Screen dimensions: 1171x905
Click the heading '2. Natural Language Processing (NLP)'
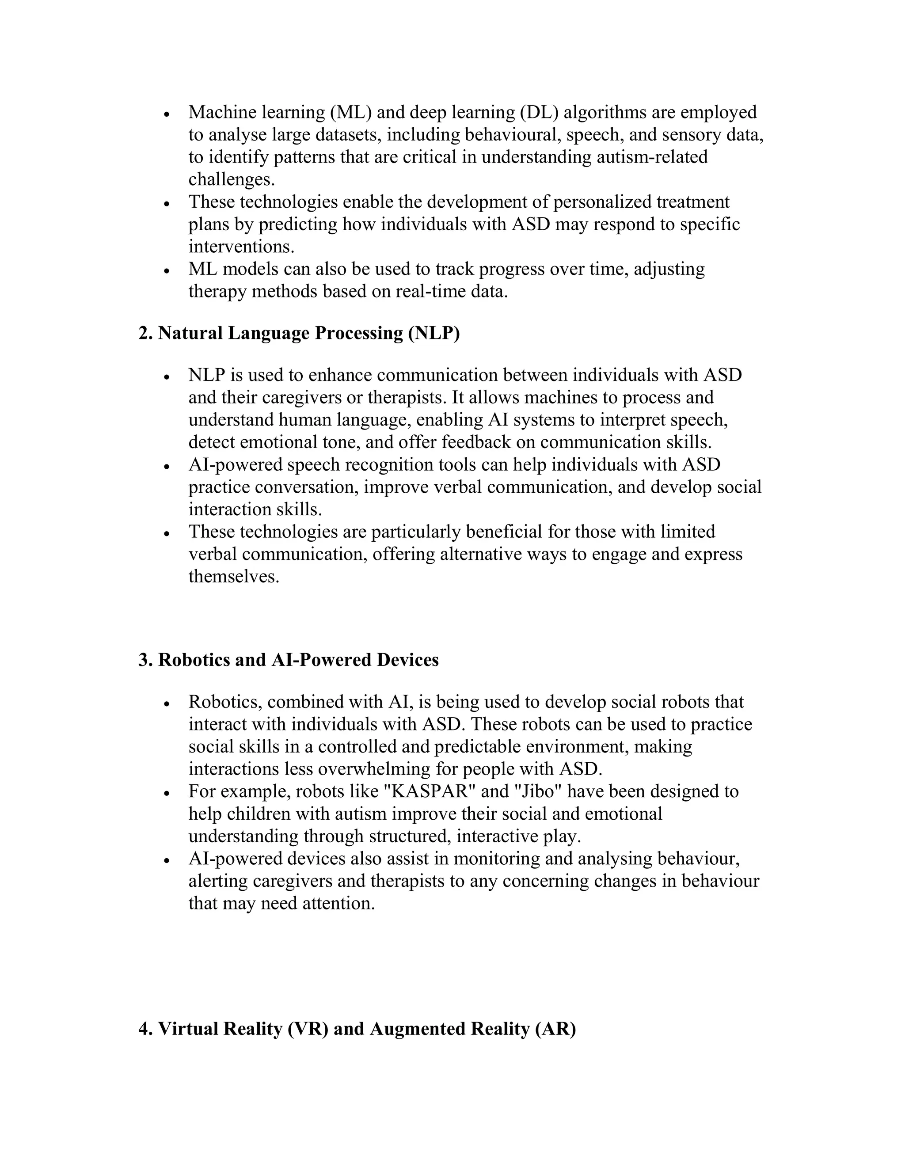click(299, 334)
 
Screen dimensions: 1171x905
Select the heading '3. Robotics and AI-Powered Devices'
click(288, 660)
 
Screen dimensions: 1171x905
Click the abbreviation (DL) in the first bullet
click(540, 112)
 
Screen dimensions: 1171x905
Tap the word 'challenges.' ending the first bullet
click(232, 179)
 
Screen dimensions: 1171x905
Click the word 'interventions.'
click(241, 247)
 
